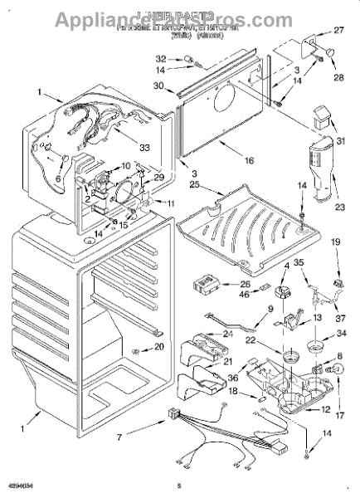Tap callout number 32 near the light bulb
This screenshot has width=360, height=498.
click(x=160, y=59)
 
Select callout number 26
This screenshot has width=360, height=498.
click(x=245, y=284)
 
